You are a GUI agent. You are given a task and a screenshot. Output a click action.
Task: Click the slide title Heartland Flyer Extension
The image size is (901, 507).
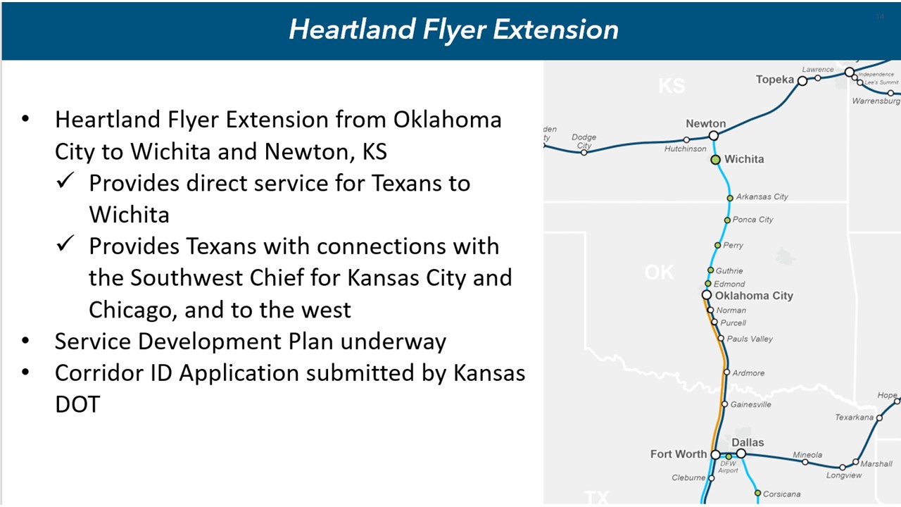454,30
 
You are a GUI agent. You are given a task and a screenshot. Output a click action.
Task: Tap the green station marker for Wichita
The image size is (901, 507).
715,160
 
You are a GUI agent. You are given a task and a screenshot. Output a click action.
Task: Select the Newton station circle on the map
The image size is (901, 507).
714,136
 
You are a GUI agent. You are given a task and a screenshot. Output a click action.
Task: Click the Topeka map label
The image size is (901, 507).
775,80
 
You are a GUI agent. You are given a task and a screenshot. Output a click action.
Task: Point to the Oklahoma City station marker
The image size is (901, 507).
707,295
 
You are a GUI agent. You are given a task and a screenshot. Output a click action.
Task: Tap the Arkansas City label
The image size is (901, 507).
762,196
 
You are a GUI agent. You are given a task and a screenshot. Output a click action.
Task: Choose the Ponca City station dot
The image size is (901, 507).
727,220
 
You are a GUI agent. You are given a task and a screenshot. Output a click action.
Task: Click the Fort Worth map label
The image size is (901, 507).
679,454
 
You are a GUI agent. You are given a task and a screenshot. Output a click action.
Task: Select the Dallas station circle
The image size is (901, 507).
741,454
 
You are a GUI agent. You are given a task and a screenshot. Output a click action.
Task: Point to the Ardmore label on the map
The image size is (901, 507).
748,373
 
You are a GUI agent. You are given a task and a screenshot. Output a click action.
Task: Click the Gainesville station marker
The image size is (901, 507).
725,404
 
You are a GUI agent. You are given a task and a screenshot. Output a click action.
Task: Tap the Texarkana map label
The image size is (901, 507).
855,418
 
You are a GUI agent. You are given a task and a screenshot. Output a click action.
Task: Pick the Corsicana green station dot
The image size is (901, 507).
758,493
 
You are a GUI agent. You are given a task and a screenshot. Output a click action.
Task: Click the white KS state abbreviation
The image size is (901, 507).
672,86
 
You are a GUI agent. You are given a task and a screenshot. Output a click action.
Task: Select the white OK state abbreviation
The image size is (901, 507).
660,273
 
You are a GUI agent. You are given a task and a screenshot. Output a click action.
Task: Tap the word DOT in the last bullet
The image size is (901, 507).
77,404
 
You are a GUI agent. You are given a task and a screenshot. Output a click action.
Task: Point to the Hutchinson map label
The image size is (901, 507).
686,149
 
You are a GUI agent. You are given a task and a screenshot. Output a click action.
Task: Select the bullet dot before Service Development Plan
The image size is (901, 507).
25,342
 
